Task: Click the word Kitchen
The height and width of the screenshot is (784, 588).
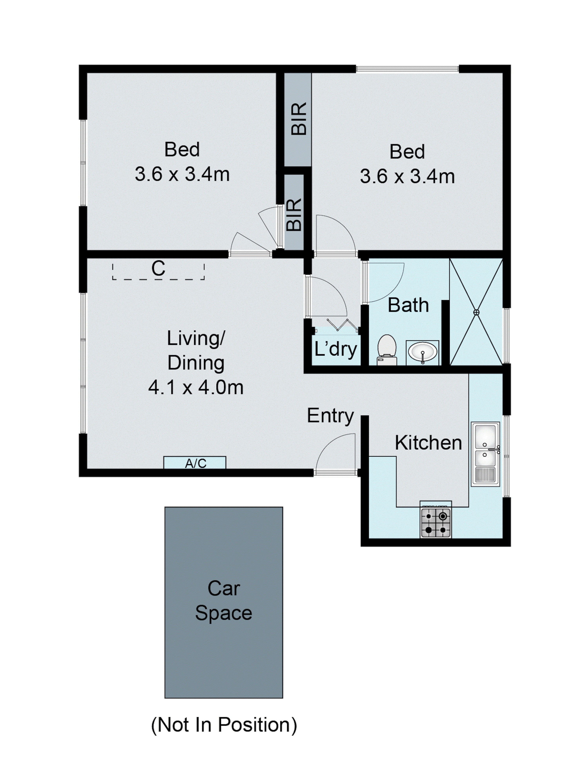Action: pos(428,443)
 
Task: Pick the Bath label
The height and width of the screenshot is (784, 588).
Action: pos(408,305)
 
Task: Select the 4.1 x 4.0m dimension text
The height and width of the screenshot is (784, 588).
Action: pos(195,387)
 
